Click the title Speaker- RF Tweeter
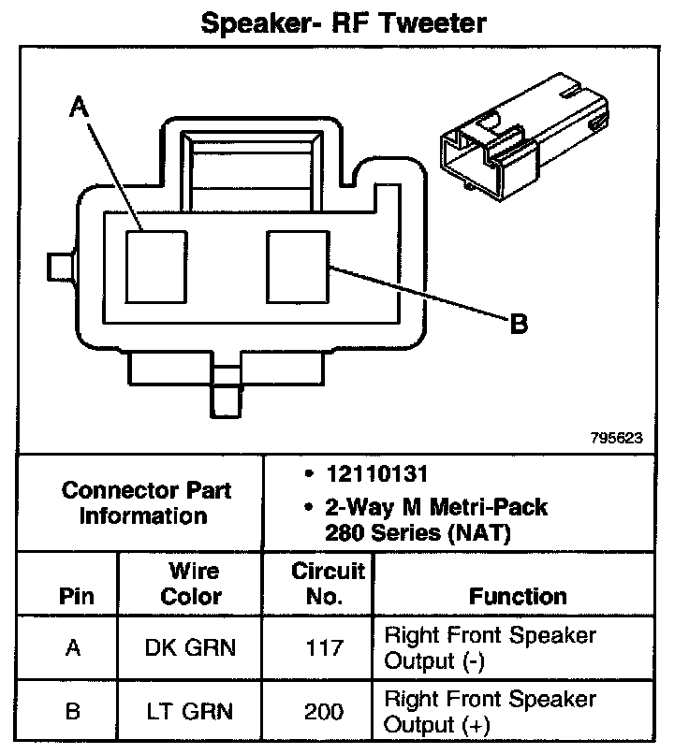tap(344, 22)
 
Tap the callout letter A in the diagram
tap(80, 109)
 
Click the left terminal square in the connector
tap(156, 267)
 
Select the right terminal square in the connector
tap(296, 267)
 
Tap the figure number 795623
tap(615, 437)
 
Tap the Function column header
tap(518, 596)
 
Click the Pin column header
tap(73, 596)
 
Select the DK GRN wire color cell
tap(192, 647)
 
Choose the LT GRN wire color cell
tap(192, 711)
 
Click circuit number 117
tap(318, 647)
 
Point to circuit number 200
tap(318, 711)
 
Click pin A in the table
tap(73, 647)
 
